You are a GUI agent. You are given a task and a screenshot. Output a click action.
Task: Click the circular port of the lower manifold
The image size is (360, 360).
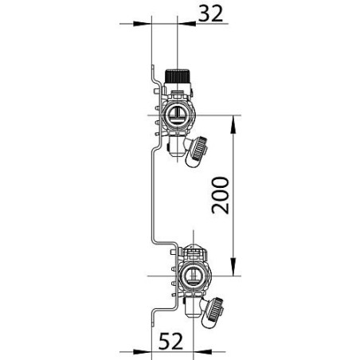191,276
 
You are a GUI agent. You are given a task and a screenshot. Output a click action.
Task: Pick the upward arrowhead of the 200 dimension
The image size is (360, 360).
233,119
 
